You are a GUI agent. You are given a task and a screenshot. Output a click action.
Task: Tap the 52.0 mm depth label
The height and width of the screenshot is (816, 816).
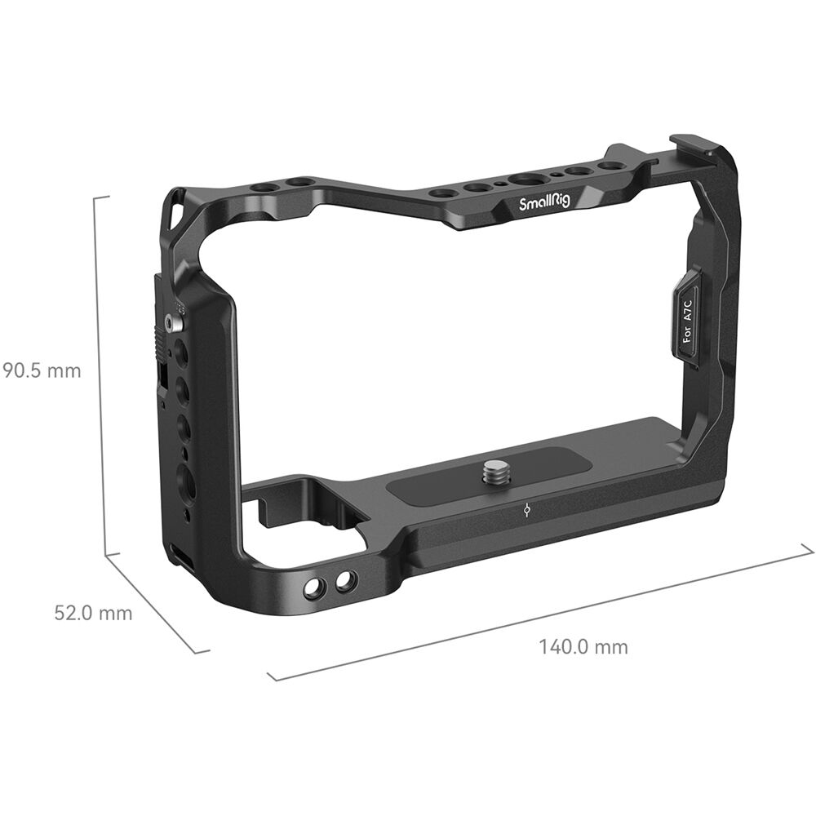pos(93,613)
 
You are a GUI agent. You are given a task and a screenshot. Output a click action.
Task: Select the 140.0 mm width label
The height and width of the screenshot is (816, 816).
pos(583,647)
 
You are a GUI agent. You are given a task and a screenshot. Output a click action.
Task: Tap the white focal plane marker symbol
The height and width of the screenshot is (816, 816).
pos(528,512)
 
